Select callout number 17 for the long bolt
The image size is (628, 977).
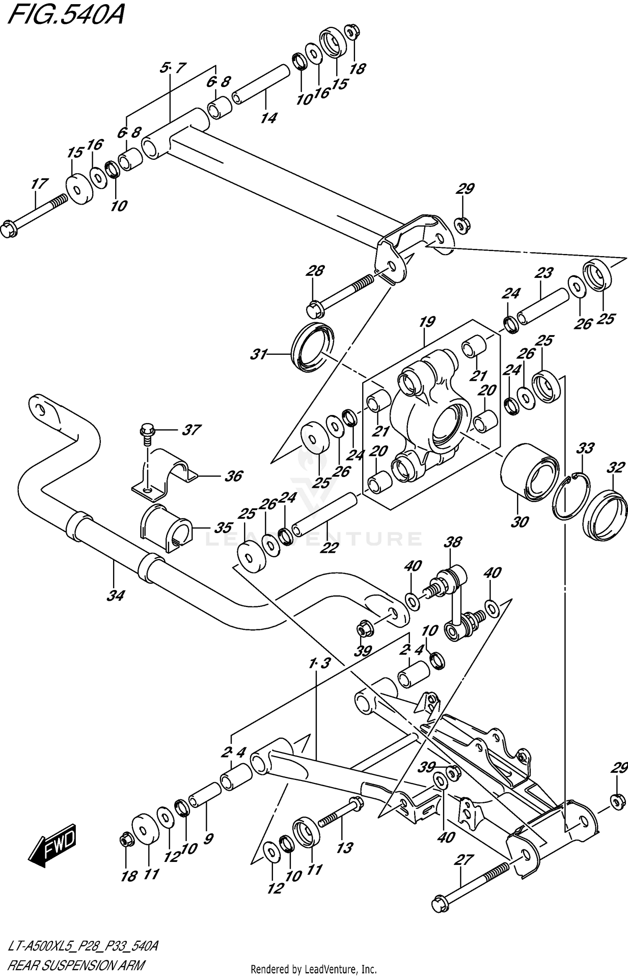pyautogui.click(x=39, y=184)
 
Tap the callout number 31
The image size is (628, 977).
pyautogui.click(x=259, y=354)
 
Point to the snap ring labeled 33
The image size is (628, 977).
pyautogui.click(x=571, y=495)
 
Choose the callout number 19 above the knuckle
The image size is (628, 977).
pyautogui.click(x=427, y=322)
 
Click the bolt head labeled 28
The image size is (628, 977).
pyautogui.click(x=315, y=310)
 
